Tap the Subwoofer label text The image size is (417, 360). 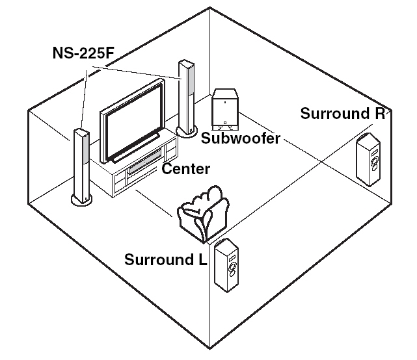point(241,138)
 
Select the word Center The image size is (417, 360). point(185,170)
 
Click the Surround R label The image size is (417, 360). point(343,114)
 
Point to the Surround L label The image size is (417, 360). point(166,260)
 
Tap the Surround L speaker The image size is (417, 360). point(228,266)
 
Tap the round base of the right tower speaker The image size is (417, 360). point(187,133)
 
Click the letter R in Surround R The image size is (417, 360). point(380,114)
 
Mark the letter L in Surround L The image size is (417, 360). point(202,260)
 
